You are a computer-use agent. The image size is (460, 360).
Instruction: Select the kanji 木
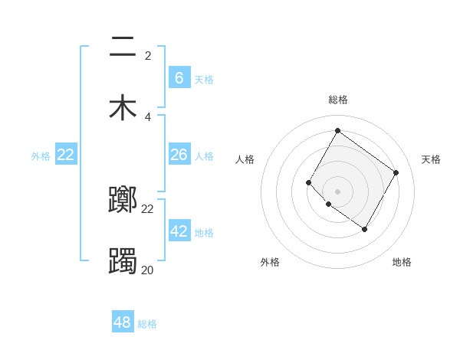tap(123, 106)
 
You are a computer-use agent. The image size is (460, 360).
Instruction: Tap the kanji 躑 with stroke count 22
tap(123, 200)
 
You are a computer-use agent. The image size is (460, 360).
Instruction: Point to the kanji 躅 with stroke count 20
tap(123, 260)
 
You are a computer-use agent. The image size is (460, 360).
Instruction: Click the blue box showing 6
tap(179, 77)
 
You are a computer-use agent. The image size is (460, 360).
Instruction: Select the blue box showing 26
tap(179, 155)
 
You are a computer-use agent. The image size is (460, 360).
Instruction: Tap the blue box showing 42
tap(179, 231)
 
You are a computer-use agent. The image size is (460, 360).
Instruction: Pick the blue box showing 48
tap(123, 322)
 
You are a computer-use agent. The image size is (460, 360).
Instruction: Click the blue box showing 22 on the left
tap(66, 155)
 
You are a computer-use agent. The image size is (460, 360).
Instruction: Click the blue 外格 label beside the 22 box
tap(41, 156)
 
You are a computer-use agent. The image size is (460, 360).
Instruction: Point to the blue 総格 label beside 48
tap(147, 324)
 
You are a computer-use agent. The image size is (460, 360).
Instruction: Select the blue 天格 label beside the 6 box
tap(204, 79)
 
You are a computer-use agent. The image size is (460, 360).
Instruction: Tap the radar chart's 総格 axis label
tap(337, 100)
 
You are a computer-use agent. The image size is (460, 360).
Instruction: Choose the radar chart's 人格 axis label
tap(245, 159)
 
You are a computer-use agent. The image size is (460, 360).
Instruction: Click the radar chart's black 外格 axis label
tap(270, 262)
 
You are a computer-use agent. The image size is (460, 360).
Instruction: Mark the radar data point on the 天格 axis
tap(396, 172)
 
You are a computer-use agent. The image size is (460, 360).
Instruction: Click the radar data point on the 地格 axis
tap(365, 229)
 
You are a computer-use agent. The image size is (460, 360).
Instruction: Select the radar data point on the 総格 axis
tap(337, 130)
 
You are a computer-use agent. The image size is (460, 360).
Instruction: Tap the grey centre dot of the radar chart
tap(337, 191)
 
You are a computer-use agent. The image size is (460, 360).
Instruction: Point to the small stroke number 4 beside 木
tap(148, 117)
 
